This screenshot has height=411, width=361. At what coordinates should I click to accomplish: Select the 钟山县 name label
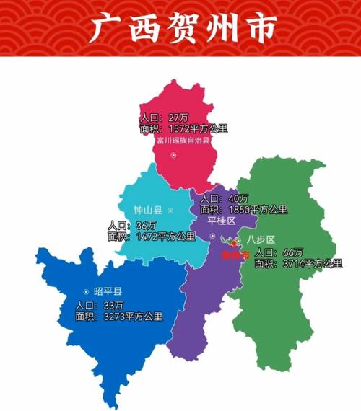pos(147,211)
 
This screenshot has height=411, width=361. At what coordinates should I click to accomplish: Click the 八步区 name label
pos(260,239)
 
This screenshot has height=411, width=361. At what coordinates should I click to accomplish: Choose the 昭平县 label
pos(107,291)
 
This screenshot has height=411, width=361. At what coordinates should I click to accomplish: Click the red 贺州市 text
pos(235,255)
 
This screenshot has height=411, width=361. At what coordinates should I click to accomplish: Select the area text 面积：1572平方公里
pos(183,129)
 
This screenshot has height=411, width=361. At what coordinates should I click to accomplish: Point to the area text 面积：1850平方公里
pos(244,210)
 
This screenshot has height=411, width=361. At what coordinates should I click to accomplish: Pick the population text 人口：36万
pos(131,226)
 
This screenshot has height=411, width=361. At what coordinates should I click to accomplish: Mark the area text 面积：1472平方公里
pos(151,237)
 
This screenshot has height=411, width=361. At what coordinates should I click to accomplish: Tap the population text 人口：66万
pos(279,253)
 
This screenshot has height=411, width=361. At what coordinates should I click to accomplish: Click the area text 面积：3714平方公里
pos(298,264)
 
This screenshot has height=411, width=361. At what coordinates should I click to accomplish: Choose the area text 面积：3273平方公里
pos(119,316)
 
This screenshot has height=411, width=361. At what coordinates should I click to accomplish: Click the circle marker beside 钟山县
pos(170,211)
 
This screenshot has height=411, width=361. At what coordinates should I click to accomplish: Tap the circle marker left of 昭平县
pos(84,291)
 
